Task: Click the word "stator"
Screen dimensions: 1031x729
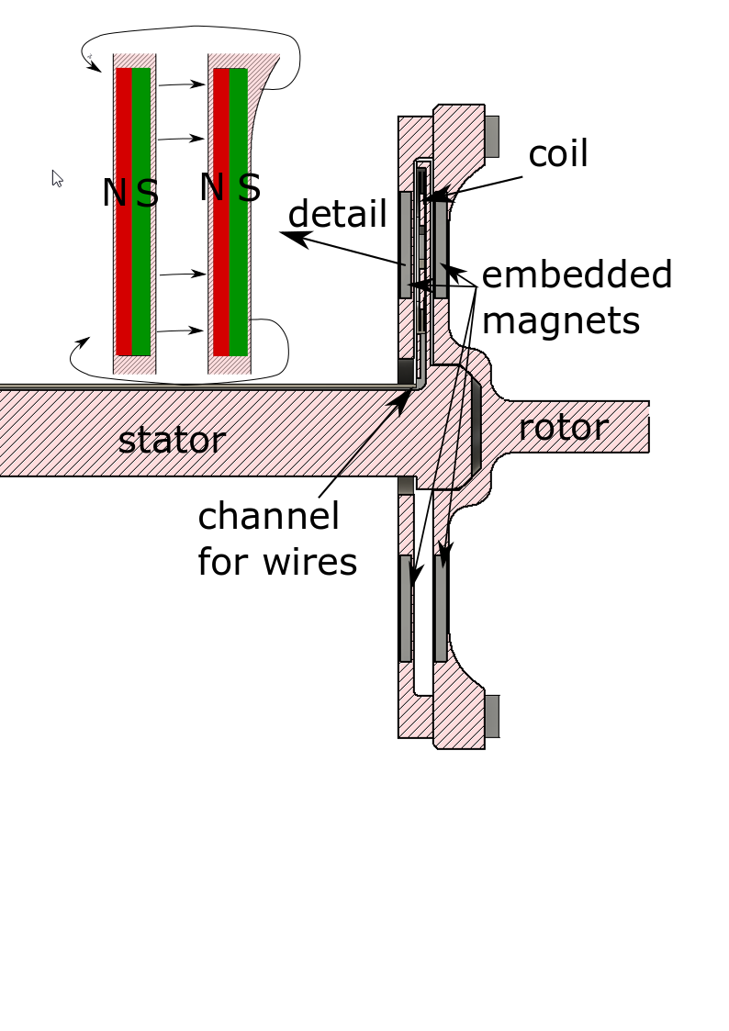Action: point(172,441)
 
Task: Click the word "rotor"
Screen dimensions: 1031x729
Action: point(563,428)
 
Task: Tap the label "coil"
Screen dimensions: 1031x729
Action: point(557,154)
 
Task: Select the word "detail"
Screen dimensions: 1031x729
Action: point(337,214)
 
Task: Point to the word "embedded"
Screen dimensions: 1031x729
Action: point(577,275)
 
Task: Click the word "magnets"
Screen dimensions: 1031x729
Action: point(560,320)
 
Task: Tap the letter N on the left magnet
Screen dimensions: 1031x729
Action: point(115,194)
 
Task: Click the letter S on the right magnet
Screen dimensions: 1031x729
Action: point(250,188)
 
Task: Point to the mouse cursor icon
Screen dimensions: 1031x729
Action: point(57,178)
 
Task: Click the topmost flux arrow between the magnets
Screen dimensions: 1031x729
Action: point(181,84)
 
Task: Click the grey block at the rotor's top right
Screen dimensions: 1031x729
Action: point(492,136)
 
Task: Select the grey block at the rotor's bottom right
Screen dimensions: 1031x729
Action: point(492,716)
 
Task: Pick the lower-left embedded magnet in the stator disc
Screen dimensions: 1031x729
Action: point(405,608)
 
